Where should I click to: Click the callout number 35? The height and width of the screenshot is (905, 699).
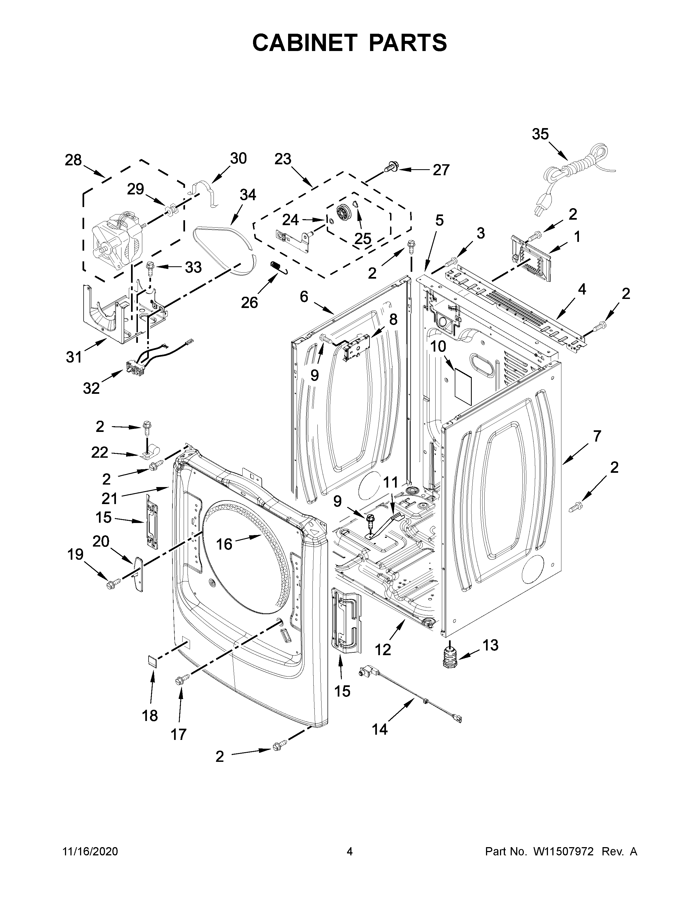540,134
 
